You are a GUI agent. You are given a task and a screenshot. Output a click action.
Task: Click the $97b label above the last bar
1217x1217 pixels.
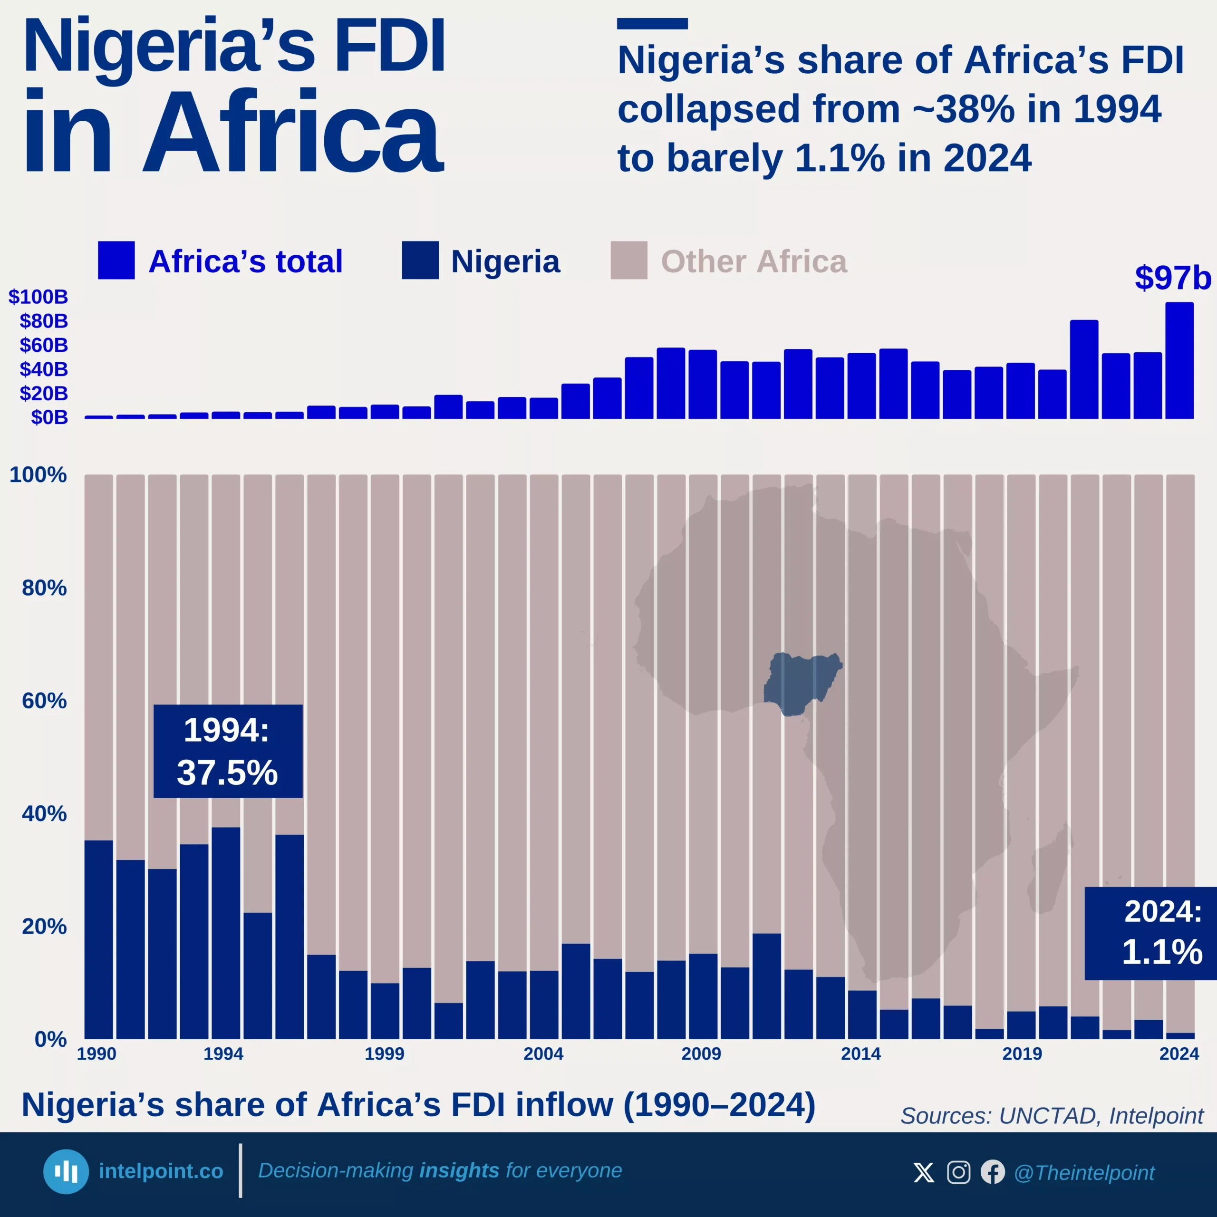tap(1172, 278)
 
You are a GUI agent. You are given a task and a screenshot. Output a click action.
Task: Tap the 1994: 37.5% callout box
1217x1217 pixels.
tap(227, 751)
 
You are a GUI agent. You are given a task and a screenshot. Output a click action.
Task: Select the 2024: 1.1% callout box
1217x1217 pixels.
tap(1150, 933)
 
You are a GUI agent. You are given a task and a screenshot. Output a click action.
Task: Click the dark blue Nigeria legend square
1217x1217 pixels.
tap(420, 260)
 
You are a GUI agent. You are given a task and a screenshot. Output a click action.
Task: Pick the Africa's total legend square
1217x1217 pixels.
tap(116, 260)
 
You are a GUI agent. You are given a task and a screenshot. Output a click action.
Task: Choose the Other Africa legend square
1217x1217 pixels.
tap(628, 260)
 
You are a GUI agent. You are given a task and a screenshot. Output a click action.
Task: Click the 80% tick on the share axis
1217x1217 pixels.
tap(44, 588)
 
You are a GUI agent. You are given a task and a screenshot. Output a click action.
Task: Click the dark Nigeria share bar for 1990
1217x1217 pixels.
tap(99, 938)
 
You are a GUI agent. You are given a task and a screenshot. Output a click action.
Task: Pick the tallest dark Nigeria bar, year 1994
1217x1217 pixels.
tap(225, 932)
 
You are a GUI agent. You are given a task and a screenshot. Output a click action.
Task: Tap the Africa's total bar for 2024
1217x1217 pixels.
tap(1179, 360)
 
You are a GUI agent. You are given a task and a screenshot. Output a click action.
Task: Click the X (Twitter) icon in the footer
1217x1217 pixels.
tap(924, 1172)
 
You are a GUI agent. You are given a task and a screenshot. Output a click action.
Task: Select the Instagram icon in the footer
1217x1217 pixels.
tap(958, 1172)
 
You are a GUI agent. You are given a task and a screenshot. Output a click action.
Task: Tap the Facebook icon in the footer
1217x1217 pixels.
tap(993, 1172)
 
